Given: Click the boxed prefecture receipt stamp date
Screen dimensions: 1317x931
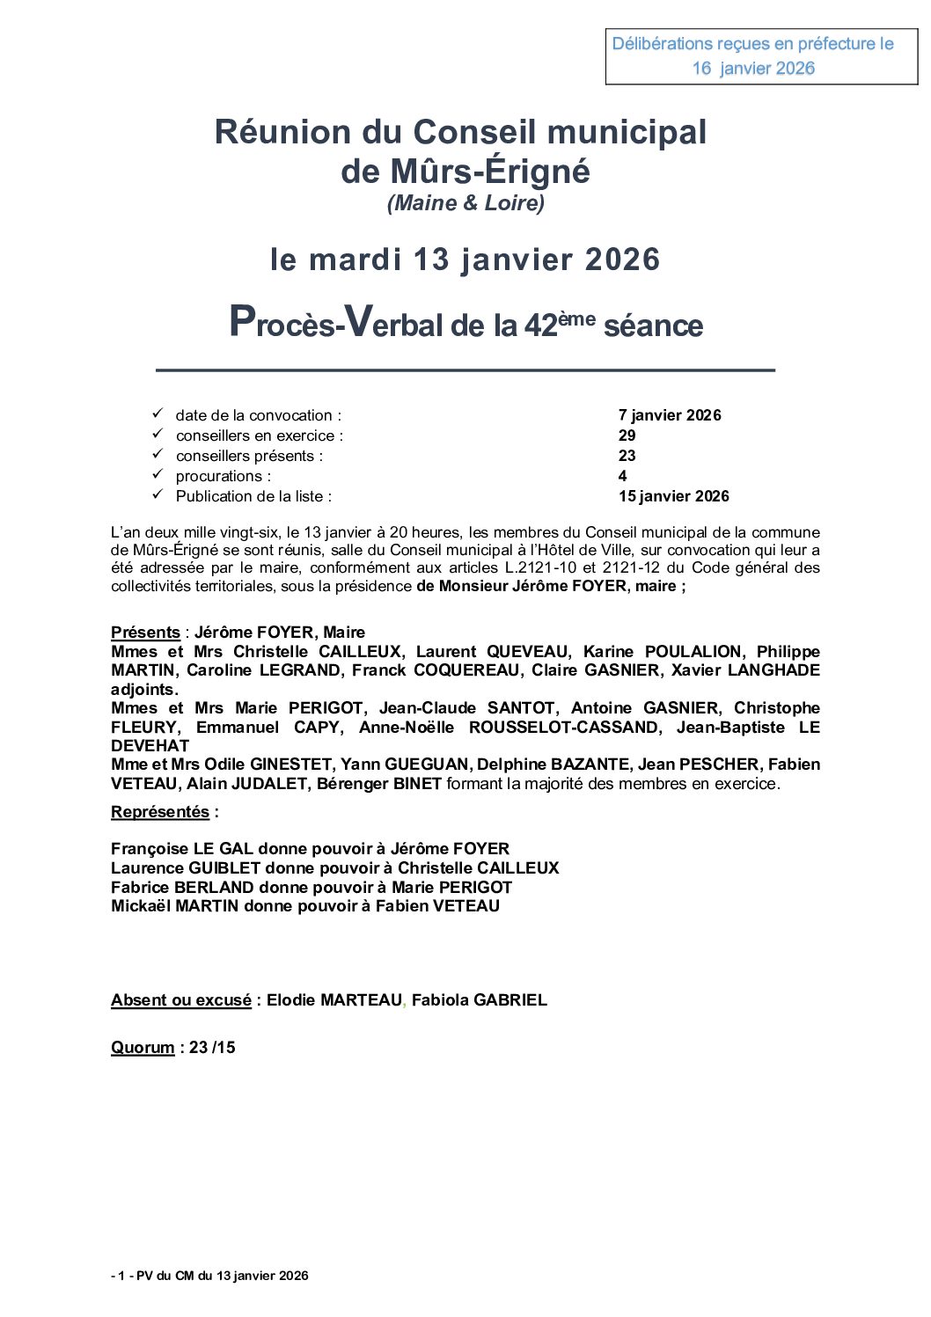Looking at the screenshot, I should coord(753,69).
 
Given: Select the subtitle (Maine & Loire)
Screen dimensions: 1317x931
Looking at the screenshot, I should coord(465,203).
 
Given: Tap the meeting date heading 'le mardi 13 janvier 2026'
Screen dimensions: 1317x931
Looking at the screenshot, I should coord(465,260).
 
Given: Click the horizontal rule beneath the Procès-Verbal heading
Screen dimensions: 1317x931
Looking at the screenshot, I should coord(465,370).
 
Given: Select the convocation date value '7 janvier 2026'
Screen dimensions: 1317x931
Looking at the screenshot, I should coord(670,415).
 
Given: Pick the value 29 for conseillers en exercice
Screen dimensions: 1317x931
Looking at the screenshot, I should coord(627,435).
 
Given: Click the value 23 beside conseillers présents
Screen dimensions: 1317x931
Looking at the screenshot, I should coord(627,456).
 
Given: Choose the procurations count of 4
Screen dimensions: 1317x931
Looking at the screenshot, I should coord(622,476).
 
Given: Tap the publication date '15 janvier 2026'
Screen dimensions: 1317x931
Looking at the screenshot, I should coord(673,496).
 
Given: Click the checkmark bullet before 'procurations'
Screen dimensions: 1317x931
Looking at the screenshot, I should coord(158,474).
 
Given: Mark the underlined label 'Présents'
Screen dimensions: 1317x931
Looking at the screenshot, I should coord(145,633).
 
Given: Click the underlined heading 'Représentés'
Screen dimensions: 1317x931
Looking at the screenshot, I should coord(160,812).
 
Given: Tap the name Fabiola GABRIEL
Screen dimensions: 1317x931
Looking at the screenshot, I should coord(480,1000).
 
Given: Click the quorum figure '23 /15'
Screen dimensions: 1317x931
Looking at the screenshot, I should coord(212,1048).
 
